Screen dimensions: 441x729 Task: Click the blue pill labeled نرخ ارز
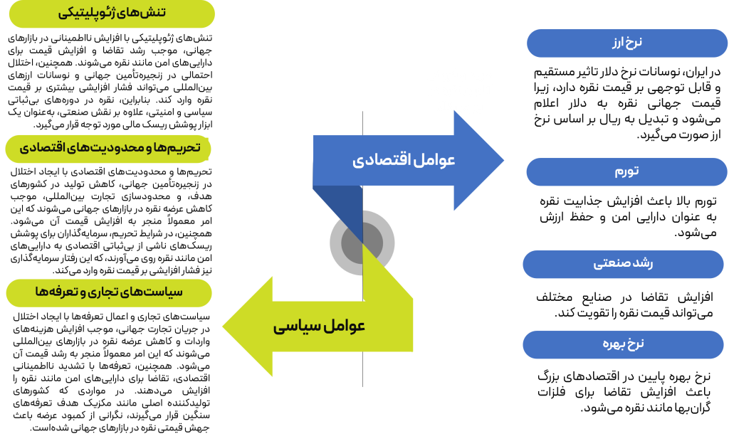click(x=626, y=43)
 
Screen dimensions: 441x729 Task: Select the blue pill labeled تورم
click(x=626, y=172)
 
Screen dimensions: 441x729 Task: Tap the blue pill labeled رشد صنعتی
click(x=623, y=264)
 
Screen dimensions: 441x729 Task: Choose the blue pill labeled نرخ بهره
click(x=623, y=345)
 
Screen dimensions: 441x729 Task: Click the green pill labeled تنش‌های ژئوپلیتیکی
click(x=111, y=14)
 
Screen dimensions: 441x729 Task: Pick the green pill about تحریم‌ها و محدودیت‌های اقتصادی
click(x=108, y=148)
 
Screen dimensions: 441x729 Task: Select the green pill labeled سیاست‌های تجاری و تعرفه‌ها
click(x=108, y=292)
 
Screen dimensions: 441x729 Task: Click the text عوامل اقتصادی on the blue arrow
click(x=404, y=160)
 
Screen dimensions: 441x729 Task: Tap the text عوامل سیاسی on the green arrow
click(x=319, y=326)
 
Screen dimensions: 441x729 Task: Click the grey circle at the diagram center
click(x=362, y=243)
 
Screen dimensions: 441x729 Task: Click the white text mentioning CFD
click(x=57, y=91)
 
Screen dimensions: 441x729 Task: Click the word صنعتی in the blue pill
click(x=609, y=264)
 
